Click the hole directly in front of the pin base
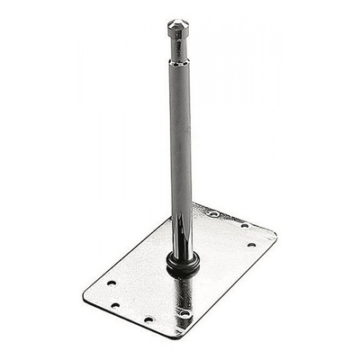[x=184, y=314]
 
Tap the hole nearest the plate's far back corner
[x=213, y=214]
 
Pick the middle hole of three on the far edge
[x=244, y=226]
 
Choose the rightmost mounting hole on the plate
[x=251, y=245]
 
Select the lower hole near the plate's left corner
[x=115, y=305]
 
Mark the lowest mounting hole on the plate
[x=148, y=319]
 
